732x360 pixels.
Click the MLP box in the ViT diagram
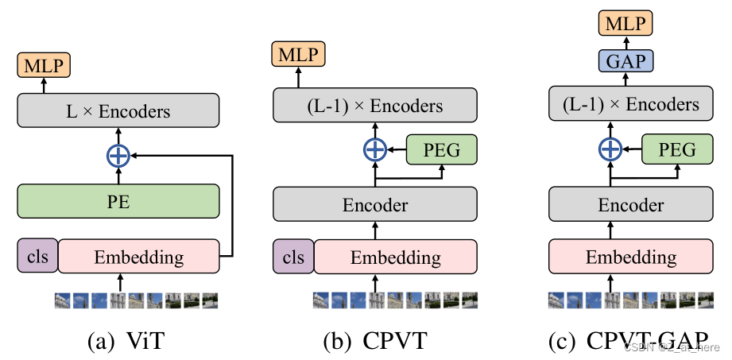(x=44, y=64)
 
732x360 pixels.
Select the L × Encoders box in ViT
(x=118, y=110)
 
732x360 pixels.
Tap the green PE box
(x=118, y=200)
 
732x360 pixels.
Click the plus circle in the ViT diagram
(x=118, y=156)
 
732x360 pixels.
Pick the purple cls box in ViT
(x=37, y=257)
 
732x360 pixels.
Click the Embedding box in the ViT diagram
(x=138, y=257)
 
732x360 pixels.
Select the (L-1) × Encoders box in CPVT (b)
(x=375, y=105)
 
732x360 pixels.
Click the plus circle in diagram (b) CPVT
(x=375, y=149)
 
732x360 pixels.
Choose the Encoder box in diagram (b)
(x=375, y=205)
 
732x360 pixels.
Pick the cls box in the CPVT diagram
(x=293, y=257)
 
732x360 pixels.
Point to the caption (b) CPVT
(x=375, y=343)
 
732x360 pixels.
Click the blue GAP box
(x=625, y=60)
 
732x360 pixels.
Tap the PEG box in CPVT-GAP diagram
(x=678, y=149)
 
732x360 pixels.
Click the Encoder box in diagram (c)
(x=631, y=205)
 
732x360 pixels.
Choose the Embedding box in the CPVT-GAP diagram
(x=631, y=257)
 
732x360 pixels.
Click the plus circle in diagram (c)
(x=610, y=149)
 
